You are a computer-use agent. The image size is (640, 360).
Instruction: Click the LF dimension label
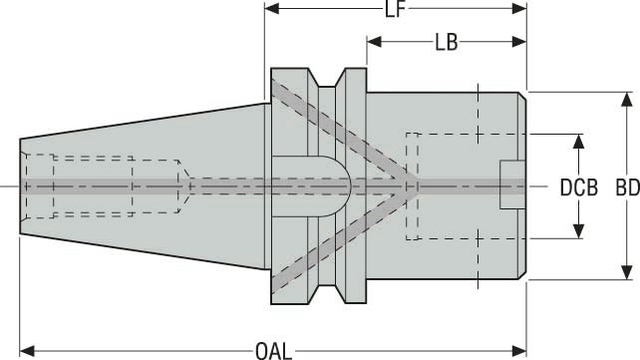tap(396, 11)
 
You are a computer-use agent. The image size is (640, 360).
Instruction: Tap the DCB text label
tap(578, 186)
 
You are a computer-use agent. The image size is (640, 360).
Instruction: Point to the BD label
tap(626, 186)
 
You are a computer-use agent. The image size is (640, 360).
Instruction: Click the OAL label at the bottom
tap(273, 350)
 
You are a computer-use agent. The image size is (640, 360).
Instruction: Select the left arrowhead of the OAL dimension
tap(27, 350)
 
